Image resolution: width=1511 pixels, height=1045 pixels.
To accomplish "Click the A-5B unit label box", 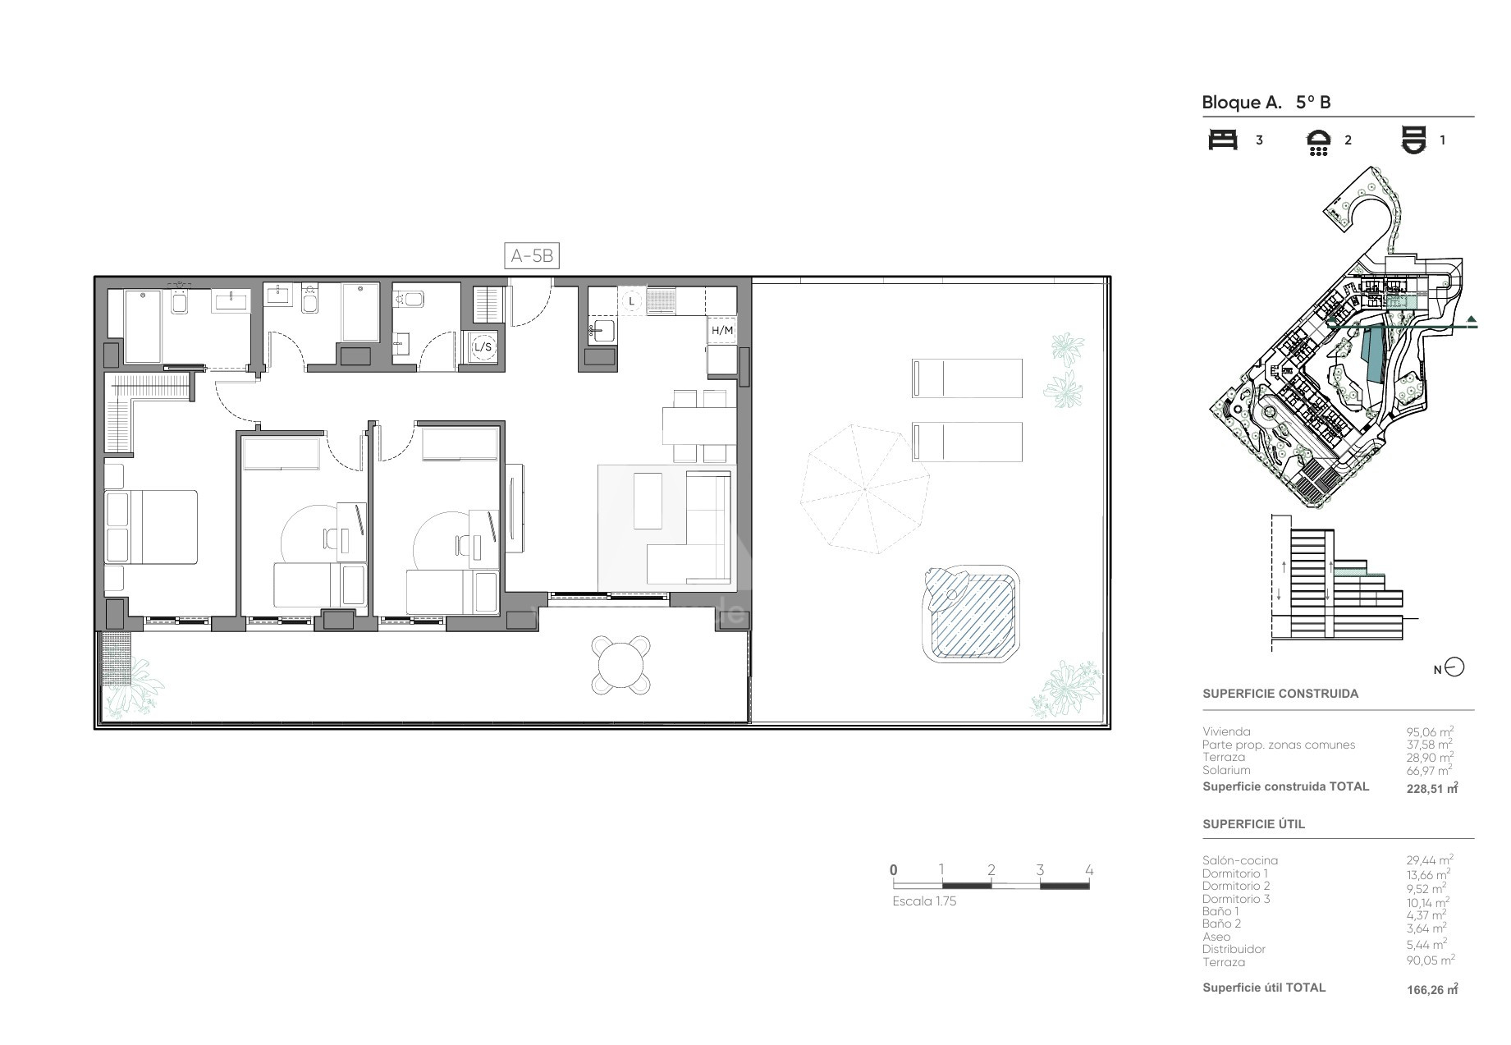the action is pyautogui.click(x=532, y=256).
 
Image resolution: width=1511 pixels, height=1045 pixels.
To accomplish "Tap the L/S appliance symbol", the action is pyautogui.click(x=483, y=347).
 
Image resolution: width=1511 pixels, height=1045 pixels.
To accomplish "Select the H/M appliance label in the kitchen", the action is pyautogui.click(x=722, y=330).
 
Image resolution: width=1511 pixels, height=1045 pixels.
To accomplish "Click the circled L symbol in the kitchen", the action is pyautogui.click(x=631, y=301).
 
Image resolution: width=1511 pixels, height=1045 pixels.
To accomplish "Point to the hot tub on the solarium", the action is pyautogui.click(x=970, y=613).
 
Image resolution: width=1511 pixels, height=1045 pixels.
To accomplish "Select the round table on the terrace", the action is pyautogui.click(x=622, y=665).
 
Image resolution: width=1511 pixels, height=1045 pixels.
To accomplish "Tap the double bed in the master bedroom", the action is pyautogui.click(x=151, y=527).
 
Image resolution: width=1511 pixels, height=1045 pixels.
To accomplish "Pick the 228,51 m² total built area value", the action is pyautogui.click(x=1432, y=788).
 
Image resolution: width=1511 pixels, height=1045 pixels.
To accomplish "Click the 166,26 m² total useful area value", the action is pyautogui.click(x=1432, y=989).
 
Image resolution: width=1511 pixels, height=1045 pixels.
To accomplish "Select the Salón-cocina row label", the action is pyautogui.click(x=1240, y=860).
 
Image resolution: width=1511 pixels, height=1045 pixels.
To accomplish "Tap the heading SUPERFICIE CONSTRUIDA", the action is pyautogui.click(x=1280, y=694).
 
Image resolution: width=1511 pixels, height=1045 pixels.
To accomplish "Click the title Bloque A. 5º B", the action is pyautogui.click(x=1266, y=103).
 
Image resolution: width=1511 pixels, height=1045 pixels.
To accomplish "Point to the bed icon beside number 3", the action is pyautogui.click(x=1223, y=140).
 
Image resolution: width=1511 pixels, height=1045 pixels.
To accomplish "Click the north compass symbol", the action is pyautogui.click(x=1454, y=667).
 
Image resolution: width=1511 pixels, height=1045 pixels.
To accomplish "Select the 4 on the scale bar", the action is pyautogui.click(x=1089, y=870).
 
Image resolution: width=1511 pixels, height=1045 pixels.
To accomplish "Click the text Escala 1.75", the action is pyautogui.click(x=924, y=901).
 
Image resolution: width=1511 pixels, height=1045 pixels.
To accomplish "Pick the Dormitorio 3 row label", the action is pyautogui.click(x=1236, y=899).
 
